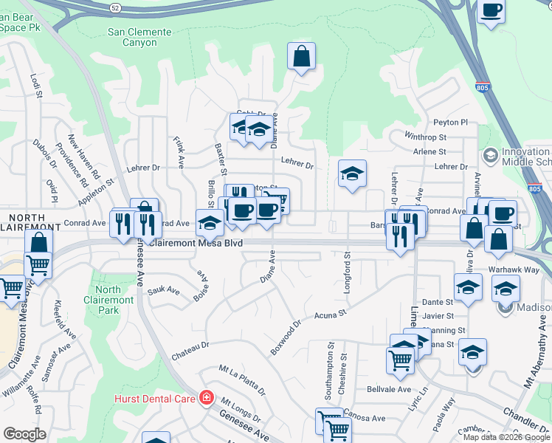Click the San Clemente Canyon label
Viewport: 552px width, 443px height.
(x=139, y=38)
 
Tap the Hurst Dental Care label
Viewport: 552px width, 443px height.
(x=154, y=399)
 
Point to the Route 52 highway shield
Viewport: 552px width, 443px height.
(x=115, y=7)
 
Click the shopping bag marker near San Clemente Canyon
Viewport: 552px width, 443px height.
(x=301, y=56)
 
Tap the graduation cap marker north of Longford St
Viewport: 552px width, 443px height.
(x=352, y=174)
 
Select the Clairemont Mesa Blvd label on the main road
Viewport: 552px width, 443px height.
(x=196, y=242)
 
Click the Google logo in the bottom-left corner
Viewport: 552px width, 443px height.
(x=24, y=433)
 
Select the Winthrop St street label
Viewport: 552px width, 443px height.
(x=427, y=137)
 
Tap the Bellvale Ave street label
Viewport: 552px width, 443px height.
(x=388, y=389)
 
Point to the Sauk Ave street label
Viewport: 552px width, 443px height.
(x=164, y=292)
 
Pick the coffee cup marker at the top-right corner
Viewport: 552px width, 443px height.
(x=491, y=11)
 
